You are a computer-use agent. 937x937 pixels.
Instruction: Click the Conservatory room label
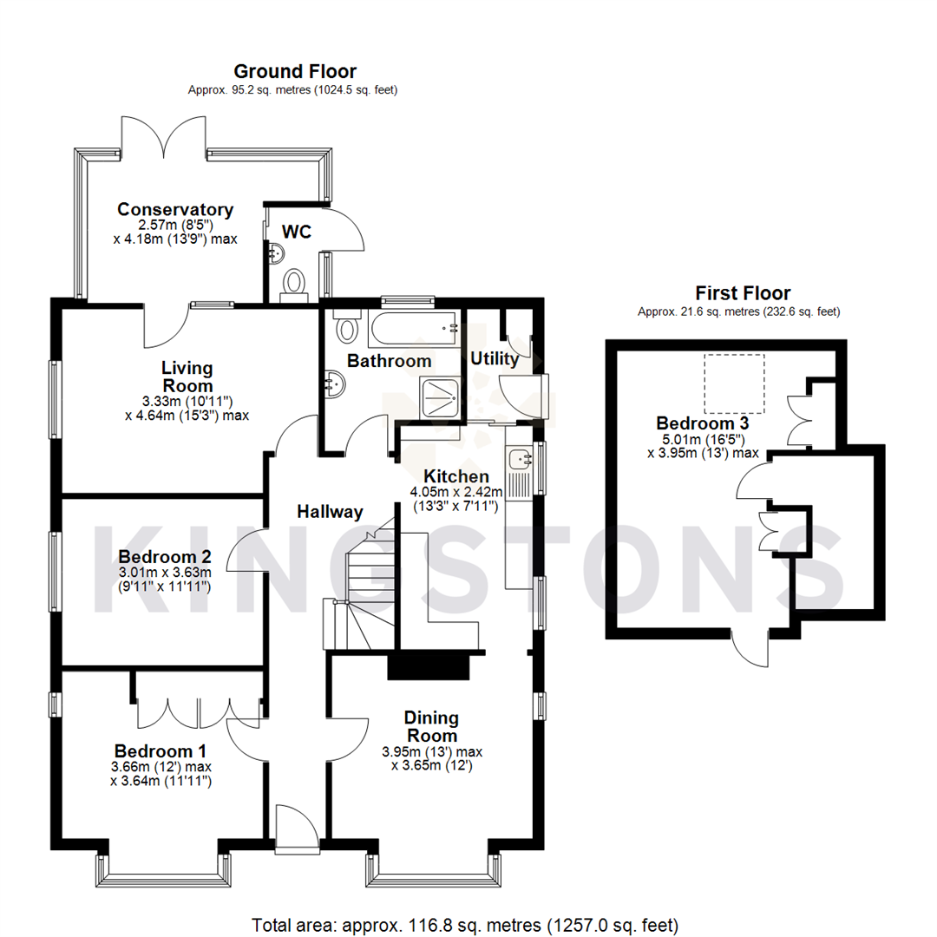pyautogui.click(x=175, y=209)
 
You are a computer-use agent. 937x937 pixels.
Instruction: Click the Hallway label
pyautogui.click(x=330, y=512)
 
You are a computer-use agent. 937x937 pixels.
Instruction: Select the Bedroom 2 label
pyautogui.click(x=165, y=556)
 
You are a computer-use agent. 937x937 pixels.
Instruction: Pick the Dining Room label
pyautogui.click(x=431, y=726)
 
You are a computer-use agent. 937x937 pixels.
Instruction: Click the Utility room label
pyautogui.click(x=494, y=358)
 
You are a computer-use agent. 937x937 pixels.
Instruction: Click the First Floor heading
pyautogui.click(x=743, y=293)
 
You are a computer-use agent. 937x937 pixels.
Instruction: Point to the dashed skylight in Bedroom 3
pyautogui.click(x=734, y=383)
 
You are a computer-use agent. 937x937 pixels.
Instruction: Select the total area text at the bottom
pyautogui.click(x=465, y=925)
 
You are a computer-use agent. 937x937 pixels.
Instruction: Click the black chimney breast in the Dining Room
pyautogui.click(x=428, y=666)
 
